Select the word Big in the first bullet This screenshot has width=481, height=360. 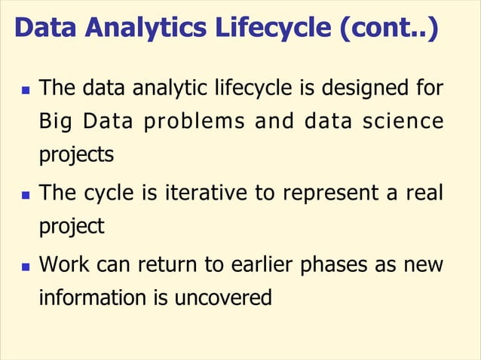[x=54, y=121]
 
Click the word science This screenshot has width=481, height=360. [x=407, y=121]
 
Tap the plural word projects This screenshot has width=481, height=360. [x=76, y=155]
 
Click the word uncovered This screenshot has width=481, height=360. [x=222, y=299]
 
